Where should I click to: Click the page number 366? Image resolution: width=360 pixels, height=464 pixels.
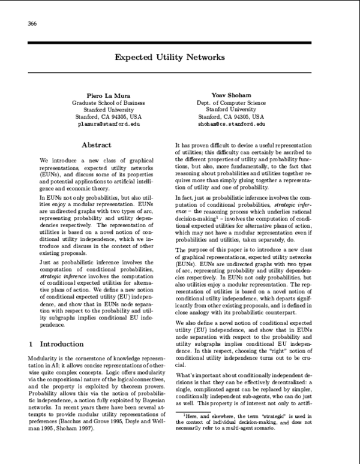click(32, 23)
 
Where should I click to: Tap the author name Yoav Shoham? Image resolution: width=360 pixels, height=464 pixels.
click(230, 95)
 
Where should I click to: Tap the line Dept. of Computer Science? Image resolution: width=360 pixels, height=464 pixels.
click(230, 103)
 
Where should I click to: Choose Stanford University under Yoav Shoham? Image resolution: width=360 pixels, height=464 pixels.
click(230, 110)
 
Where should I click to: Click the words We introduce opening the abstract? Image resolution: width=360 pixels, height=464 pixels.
click(56, 162)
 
